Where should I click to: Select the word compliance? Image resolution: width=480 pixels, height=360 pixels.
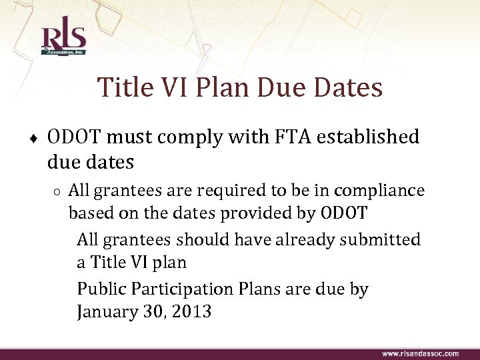point(379,191)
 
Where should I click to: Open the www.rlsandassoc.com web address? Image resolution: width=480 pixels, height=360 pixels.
point(419,353)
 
